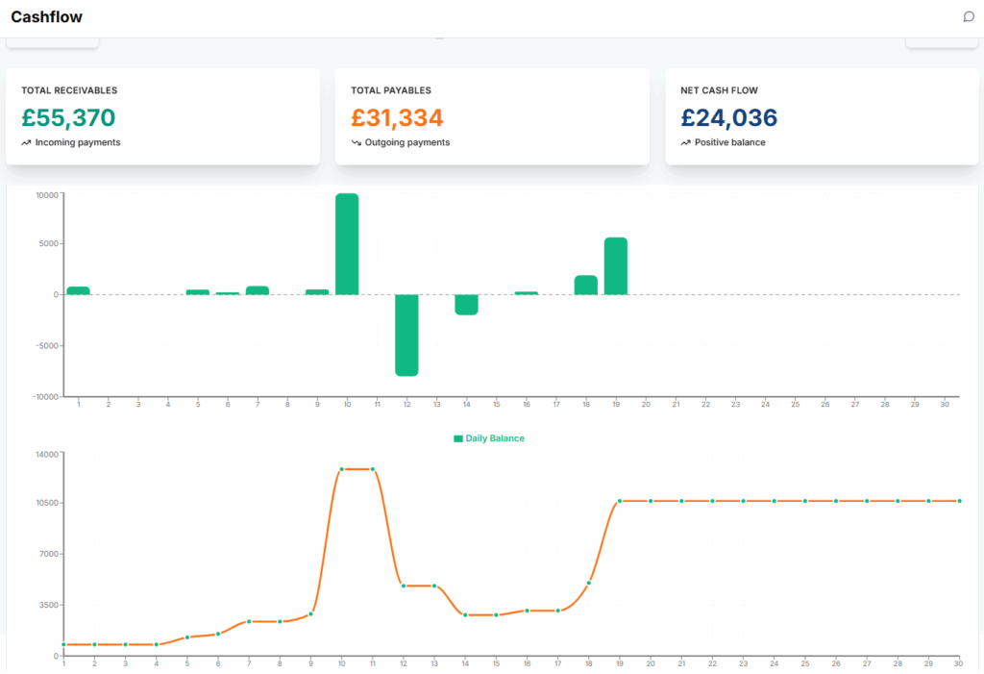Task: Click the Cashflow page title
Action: click(x=46, y=17)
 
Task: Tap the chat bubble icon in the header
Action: click(x=969, y=16)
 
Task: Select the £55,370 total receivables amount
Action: click(x=68, y=118)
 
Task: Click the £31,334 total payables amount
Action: click(x=397, y=118)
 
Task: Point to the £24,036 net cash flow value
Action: click(x=728, y=118)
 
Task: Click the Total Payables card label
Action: click(x=390, y=90)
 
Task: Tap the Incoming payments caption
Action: click(x=77, y=142)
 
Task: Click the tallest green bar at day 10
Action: click(x=347, y=244)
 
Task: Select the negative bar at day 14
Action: click(x=466, y=305)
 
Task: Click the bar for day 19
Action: click(x=616, y=266)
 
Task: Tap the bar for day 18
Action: click(x=586, y=285)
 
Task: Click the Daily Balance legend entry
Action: click(x=489, y=438)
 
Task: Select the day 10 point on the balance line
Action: click(x=341, y=469)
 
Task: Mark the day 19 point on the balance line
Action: click(x=620, y=501)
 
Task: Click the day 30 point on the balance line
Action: click(x=959, y=501)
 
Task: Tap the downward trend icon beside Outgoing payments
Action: click(x=356, y=142)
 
